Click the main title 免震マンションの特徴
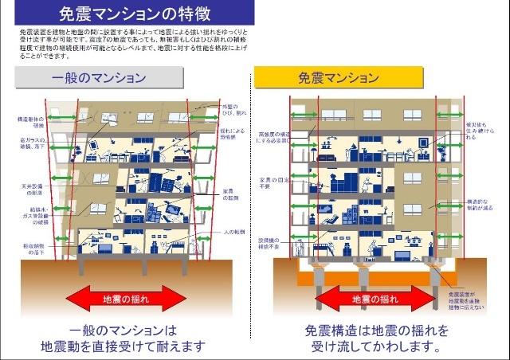coord(134,14)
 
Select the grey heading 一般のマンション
coord(99,78)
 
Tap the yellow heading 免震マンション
coord(338,78)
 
